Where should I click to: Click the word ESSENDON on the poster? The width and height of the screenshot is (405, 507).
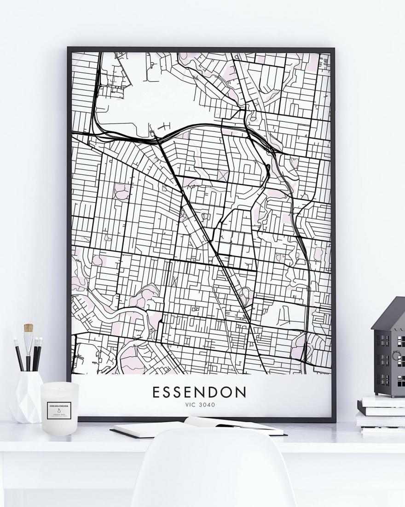coord(199,392)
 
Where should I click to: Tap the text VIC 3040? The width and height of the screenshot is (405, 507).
coord(199,405)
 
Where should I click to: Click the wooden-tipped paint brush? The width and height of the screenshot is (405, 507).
coord(29,341)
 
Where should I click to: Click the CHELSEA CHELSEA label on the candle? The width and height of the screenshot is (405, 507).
coord(59,406)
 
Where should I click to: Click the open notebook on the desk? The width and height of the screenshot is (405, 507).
coord(198,426)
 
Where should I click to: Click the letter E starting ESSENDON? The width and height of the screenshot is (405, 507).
coord(156,392)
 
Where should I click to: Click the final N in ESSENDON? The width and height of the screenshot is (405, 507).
coord(241,392)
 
